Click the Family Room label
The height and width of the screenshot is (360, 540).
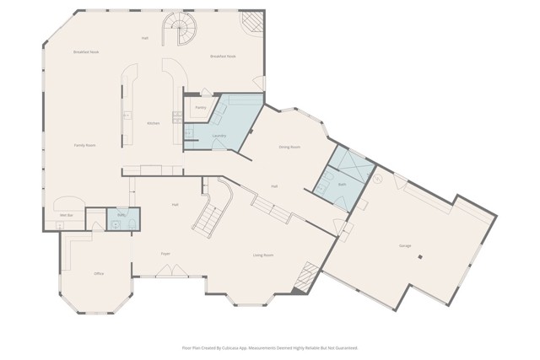(x=84, y=145)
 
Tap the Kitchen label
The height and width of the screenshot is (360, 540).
(x=154, y=123)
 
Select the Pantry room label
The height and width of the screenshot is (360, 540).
(x=201, y=107)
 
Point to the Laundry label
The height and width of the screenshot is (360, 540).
(x=219, y=135)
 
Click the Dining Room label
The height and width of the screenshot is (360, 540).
(x=289, y=147)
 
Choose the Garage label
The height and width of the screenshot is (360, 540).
(x=405, y=245)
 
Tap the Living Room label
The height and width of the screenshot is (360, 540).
(x=263, y=255)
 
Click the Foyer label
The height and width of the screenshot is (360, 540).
(x=165, y=253)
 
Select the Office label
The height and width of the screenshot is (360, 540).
(x=99, y=274)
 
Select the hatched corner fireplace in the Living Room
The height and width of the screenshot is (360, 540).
(x=305, y=278)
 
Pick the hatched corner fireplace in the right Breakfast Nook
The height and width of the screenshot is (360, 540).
(x=251, y=22)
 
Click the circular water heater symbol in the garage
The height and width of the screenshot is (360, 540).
(x=378, y=179)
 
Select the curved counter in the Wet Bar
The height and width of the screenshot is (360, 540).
(x=67, y=203)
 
